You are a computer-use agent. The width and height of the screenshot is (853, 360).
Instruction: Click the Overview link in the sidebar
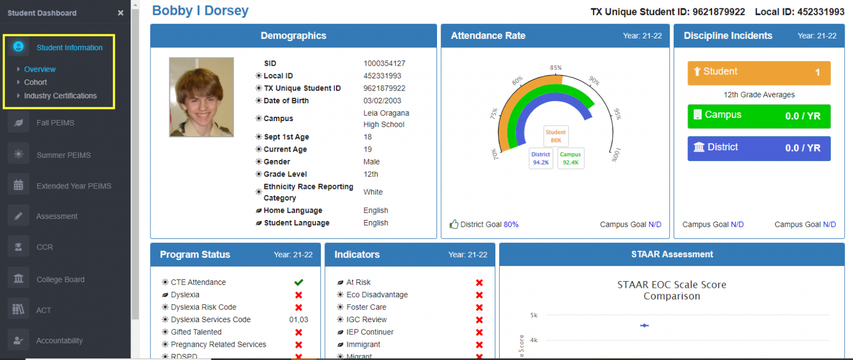tap(39, 69)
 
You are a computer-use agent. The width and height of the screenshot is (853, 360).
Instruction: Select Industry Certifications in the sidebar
tap(60, 96)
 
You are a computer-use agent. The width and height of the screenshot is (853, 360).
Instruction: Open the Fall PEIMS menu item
tap(55, 123)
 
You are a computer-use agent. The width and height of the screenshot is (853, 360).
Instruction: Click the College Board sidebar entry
tap(60, 279)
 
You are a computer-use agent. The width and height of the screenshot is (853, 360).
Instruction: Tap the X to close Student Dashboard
tap(121, 13)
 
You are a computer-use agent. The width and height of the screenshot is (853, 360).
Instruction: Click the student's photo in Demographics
tap(201, 97)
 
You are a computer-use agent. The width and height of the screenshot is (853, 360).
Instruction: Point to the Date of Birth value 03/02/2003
tap(383, 101)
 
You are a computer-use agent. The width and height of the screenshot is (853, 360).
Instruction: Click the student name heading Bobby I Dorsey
tap(200, 11)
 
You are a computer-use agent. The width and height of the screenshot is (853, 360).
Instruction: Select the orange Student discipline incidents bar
tap(759, 73)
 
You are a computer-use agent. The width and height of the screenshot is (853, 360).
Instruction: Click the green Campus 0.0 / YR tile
tap(759, 116)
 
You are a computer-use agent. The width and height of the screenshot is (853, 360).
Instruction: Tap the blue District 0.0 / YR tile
tap(759, 148)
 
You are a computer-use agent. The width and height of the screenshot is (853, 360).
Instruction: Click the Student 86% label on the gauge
tap(555, 137)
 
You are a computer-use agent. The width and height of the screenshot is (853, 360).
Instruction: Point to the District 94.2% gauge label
tap(540, 158)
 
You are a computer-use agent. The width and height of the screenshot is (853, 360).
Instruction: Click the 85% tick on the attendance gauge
tap(556, 68)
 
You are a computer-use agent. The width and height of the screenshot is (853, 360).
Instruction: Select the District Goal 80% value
tap(511, 224)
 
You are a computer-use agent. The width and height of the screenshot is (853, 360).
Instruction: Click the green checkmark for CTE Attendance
tap(298, 282)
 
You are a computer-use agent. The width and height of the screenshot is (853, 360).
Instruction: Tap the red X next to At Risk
tap(479, 282)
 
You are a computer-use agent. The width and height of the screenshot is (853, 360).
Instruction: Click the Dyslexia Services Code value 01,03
tap(298, 319)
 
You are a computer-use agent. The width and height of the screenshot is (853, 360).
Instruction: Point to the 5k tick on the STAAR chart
tap(533, 315)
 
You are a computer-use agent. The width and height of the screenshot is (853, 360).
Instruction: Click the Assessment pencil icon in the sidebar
tap(18, 216)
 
